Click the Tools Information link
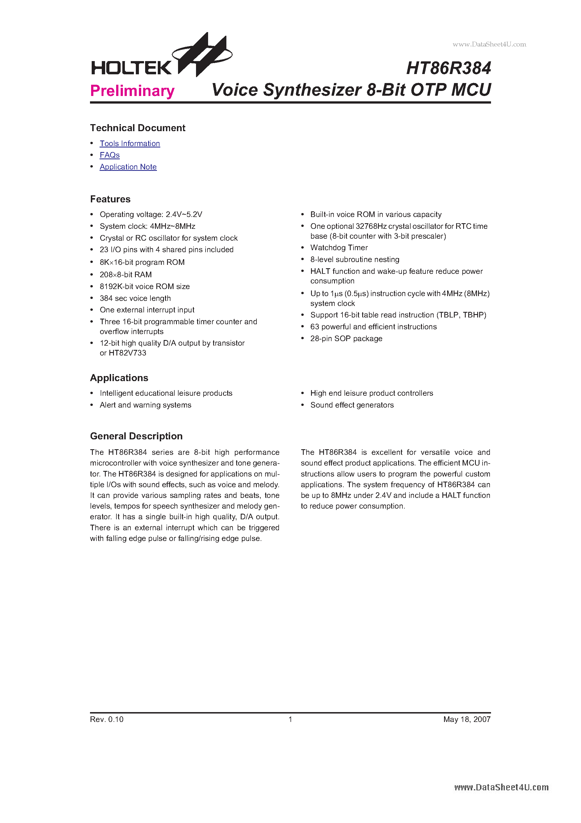[130, 143]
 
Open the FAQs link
[110, 155]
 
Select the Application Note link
[128, 167]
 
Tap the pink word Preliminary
[132, 91]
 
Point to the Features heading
[110, 199]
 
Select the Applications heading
[119, 378]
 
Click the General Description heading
[136, 436]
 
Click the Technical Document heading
[138, 128]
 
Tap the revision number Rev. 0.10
[107, 719]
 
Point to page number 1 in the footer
[290, 719]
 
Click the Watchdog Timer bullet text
[339, 248]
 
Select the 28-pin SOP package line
[346, 339]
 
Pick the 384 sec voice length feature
[135, 298]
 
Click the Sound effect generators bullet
[352, 405]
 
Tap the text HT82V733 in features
[127, 353]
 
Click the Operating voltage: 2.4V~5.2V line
[151, 214]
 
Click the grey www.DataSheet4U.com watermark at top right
[489, 44]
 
